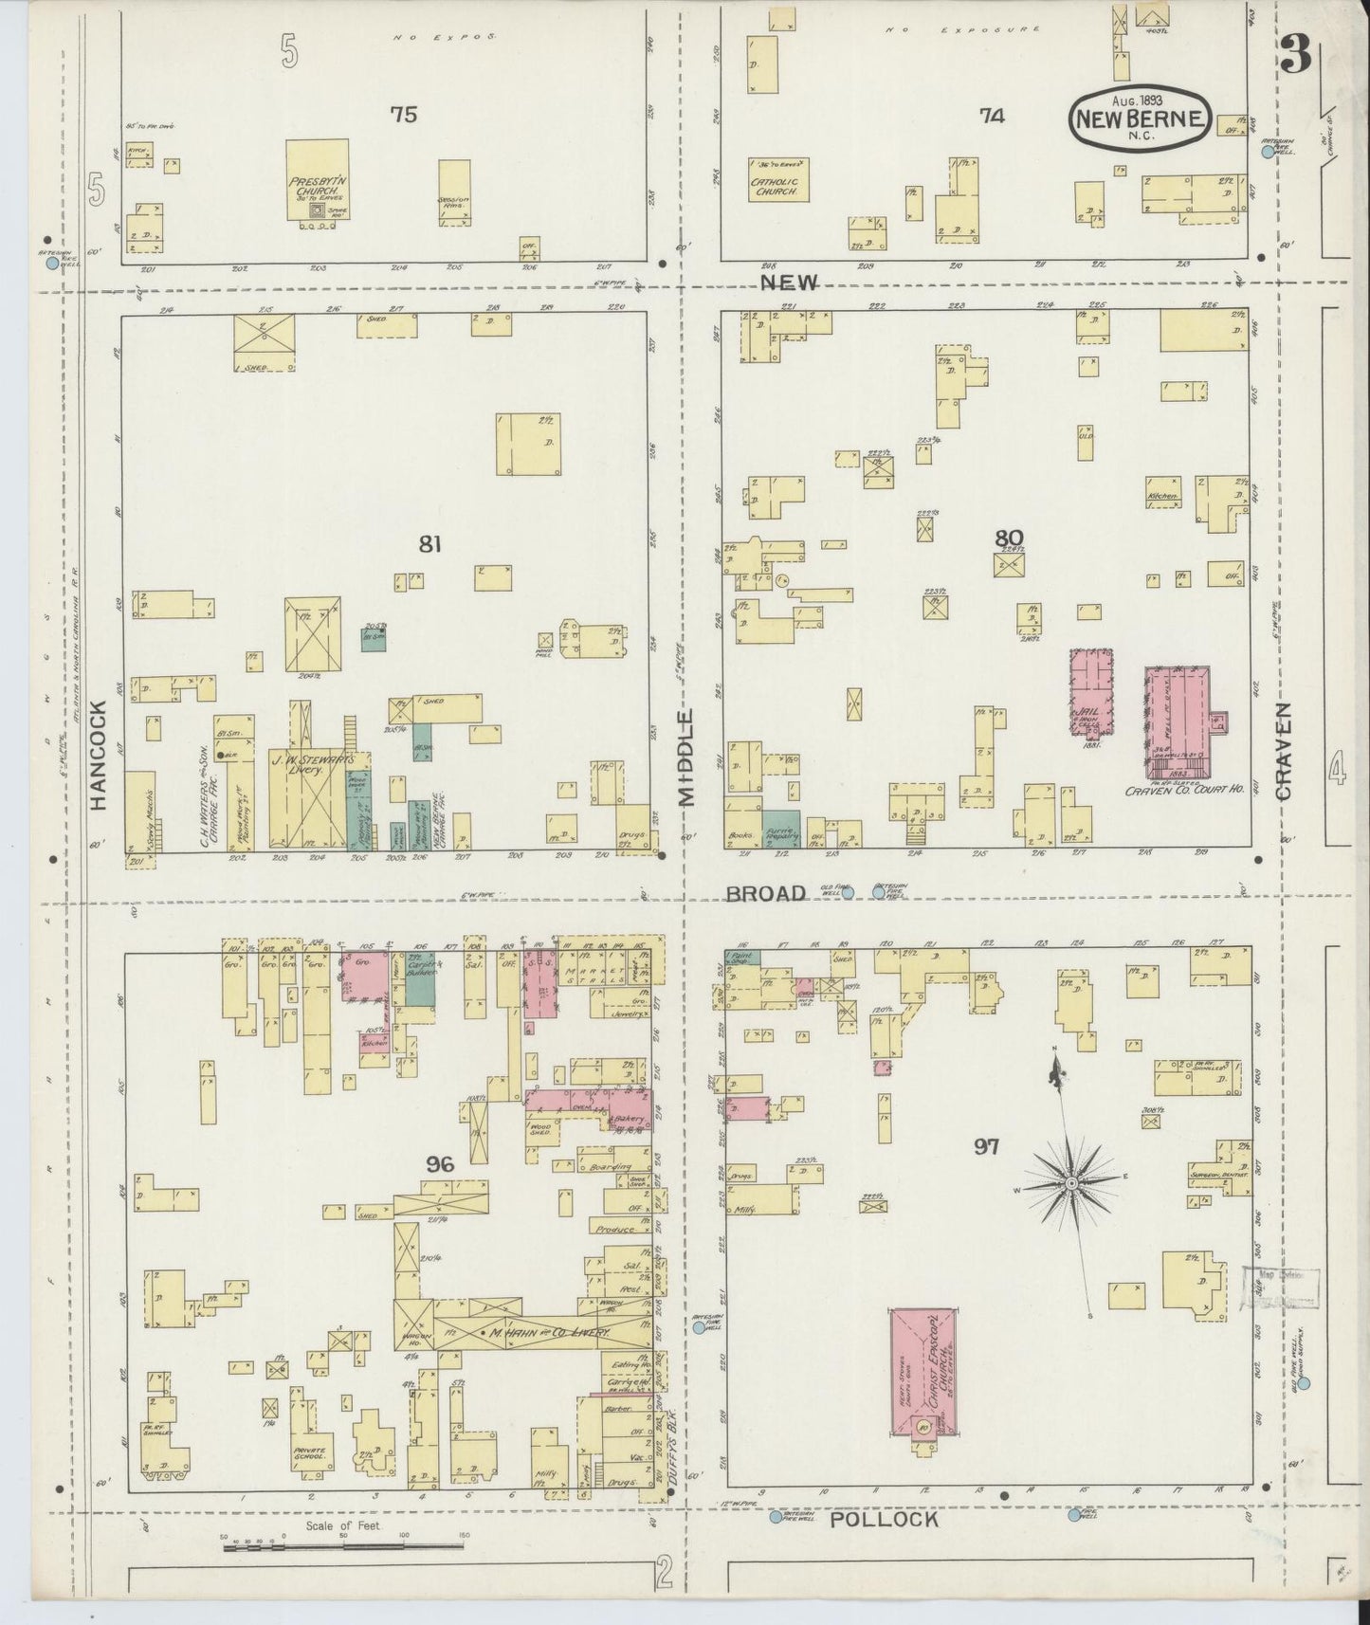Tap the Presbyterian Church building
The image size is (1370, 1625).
pyautogui.click(x=318, y=180)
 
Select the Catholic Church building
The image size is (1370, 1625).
pyautogui.click(x=777, y=179)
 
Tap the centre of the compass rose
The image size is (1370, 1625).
pyautogui.click(x=1070, y=1183)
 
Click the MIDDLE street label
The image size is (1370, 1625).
pyautogui.click(x=686, y=757)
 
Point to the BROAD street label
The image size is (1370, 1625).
pyautogui.click(x=765, y=893)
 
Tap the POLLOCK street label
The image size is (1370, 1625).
pyautogui.click(x=884, y=1519)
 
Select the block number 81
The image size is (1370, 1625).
pyautogui.click(x=431, y=543)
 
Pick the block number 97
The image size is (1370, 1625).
pyautogui.click(x=987, y=1147)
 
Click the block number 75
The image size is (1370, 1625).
pyautogui.click(x=404, y=115)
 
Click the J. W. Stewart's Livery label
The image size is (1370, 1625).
pyautogui.click(x=313, y=765)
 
